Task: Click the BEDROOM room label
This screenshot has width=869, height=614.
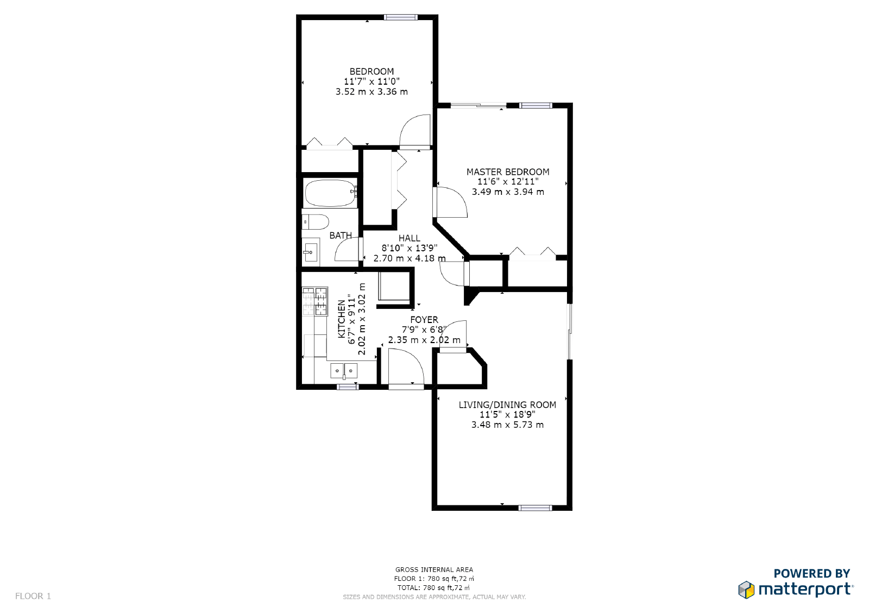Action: pos(371,72)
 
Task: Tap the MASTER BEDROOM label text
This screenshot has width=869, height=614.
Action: pos(508,172)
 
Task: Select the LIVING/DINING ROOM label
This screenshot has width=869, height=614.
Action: pos(507,405)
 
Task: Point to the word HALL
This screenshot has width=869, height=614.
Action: pos(409,238)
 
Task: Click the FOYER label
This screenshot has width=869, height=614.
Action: pos(424,320)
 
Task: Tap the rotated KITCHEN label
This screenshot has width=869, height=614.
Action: pos(342,319)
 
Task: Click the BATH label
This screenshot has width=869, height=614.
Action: pos(341,236)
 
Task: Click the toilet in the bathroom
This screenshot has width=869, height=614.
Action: pos(316,221)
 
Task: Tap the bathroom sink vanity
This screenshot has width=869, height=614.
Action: pos(311,252)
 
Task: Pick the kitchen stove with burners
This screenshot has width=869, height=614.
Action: pos(315,301)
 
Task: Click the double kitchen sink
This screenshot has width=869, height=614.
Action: pos(344,371)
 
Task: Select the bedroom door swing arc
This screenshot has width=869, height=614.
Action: pos(415,130)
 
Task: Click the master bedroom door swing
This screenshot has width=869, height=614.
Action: pos(451,202)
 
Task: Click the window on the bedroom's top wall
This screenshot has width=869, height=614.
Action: pos(401,17)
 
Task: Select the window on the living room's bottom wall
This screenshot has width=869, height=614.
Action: pos(535,508)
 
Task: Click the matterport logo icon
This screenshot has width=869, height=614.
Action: pos(746,590)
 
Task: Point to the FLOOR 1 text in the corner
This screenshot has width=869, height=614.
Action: pos(33,596)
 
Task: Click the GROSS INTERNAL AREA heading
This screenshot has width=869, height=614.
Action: pos(434,569)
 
